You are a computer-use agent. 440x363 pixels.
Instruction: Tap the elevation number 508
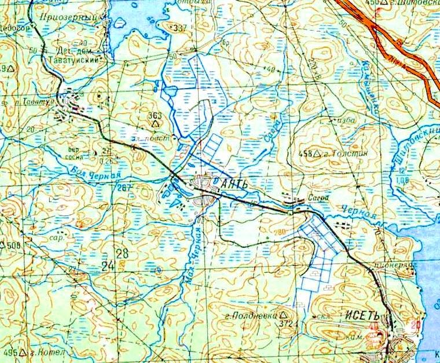click(x=14, y=245)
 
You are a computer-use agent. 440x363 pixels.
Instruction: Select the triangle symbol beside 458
click(x=316, y=154)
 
